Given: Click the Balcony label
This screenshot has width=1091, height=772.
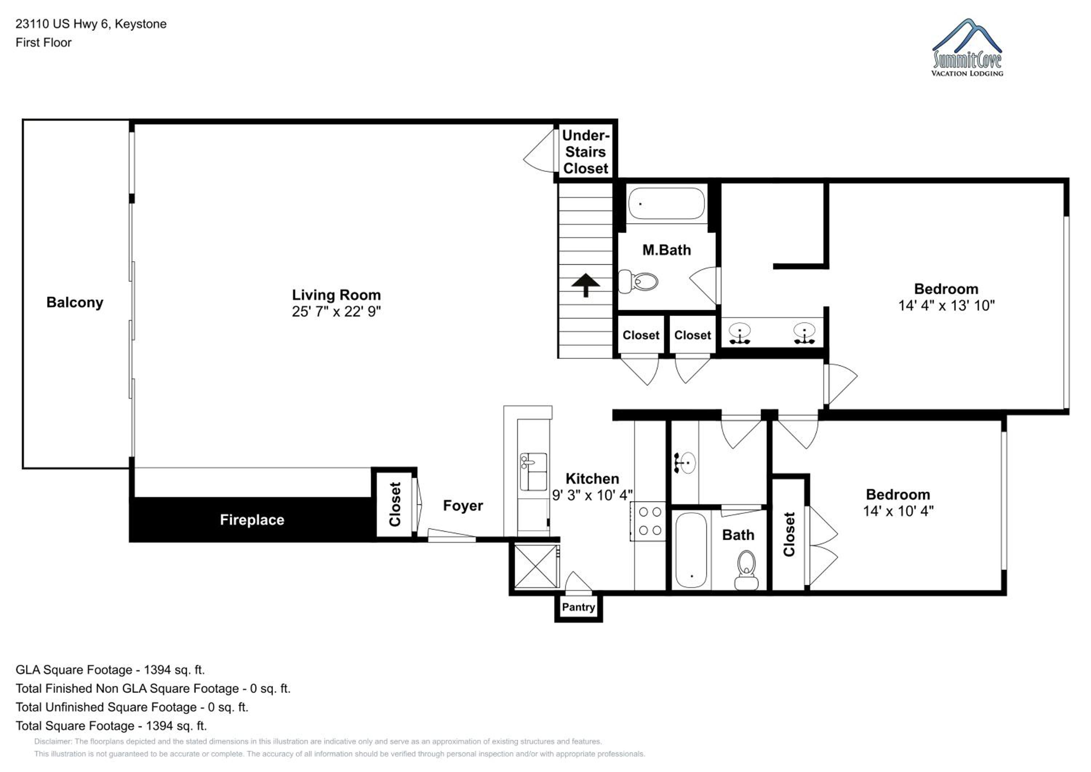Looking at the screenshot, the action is click(x=75, y=303).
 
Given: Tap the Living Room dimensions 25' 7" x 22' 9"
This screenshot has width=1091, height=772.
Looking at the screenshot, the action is click(x=336, y=311).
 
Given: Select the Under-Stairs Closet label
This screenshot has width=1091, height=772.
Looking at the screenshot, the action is click(x=586, y=152).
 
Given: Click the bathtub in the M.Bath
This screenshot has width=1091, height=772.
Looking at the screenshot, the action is click(x=667, y=203).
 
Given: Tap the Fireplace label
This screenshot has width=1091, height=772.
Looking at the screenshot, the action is click(x=252, y=520).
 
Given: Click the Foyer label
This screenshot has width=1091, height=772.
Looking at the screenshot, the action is click(x=463, y=505).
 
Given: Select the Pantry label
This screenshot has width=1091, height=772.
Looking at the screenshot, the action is click(x=578, y=607).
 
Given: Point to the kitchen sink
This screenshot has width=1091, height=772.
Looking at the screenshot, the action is click(x=533, y=471).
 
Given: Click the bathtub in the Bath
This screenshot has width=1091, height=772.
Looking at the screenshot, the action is click(x=691, y=550).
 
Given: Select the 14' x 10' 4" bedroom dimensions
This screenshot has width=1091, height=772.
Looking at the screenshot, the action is click(x=898, y=511).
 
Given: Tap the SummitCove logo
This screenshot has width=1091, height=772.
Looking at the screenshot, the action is click(x=967, y=48).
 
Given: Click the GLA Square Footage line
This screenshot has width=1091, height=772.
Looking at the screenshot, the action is click(x=110, y=670).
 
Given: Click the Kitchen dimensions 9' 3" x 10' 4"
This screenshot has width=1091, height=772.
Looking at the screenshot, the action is click(x=592, y=496).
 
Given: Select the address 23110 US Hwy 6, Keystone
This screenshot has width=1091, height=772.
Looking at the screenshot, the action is click(x=91, y=24).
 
